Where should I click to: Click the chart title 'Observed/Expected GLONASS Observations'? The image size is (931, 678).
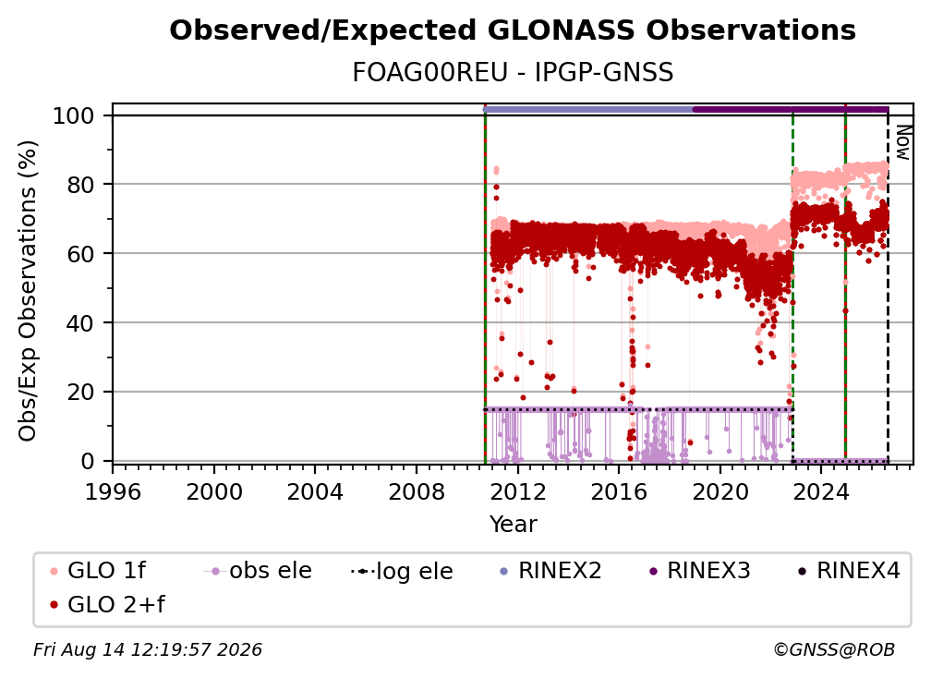click(x=513, y=30)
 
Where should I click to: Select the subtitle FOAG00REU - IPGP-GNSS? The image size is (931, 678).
click(x=513, y=72)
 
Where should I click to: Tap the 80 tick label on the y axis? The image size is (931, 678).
click(x=80, y=185)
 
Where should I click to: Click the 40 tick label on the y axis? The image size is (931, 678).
click(x=80, y=323)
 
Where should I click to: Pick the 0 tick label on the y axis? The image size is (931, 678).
click(x=88, y=461)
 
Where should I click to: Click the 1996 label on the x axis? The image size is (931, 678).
click(x=113, y=492)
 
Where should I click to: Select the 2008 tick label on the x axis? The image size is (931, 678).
click(x=417, y=492)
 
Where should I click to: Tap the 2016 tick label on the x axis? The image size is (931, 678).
click(x=619, y=492)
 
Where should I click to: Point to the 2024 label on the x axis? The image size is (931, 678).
click(x=820, y=492)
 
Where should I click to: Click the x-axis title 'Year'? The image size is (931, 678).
click(x=513, y=525)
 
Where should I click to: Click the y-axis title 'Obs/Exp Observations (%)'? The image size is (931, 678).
click(x=28, y=291)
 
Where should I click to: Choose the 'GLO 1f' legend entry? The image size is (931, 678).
click(x=98, y=571)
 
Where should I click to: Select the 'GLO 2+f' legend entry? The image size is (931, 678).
click(x=107, y=604)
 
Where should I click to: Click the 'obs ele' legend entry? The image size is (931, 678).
click(x=258, y=571)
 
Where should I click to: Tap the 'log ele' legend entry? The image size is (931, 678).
click(x=402, y=571)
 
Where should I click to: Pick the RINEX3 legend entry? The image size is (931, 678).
click(x=699, y=571)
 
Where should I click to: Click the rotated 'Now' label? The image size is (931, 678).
click(x=902, y=142)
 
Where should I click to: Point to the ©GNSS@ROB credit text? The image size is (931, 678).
click(x=834, y=649)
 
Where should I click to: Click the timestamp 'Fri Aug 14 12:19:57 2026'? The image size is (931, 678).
click(x=147, y=649)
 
